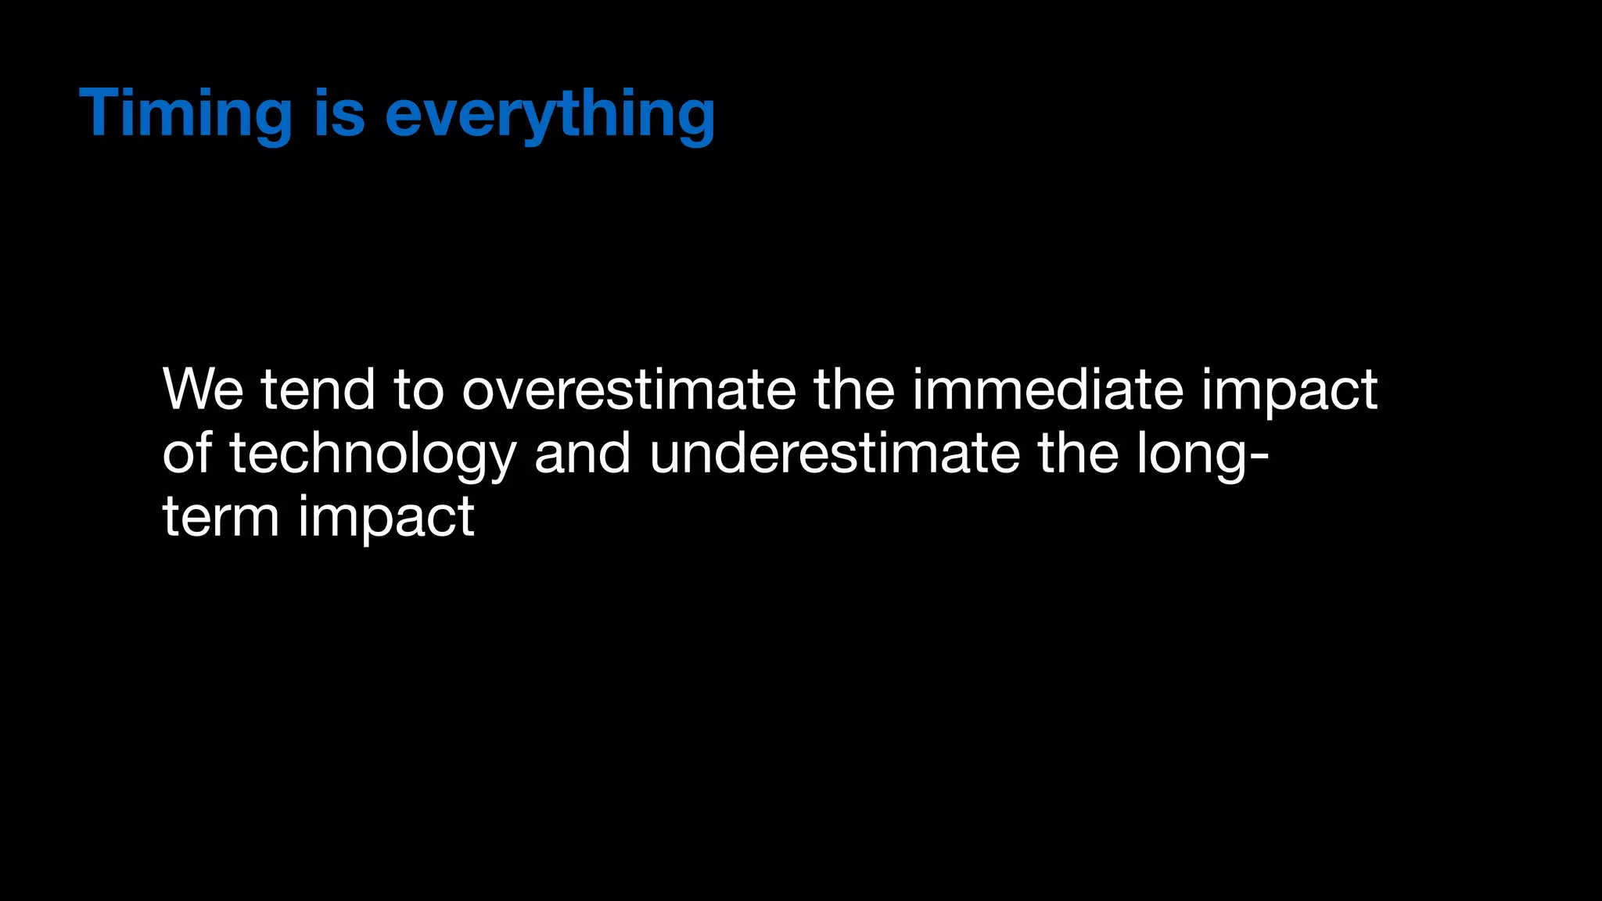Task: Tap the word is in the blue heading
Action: tap(339, 114)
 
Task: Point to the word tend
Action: tap(318, 389)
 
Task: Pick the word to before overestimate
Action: tap(418, 389)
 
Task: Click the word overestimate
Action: tap(628, 389)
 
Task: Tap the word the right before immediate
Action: tap(854, 389)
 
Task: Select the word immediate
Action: tap(1047, 389)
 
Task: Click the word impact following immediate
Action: tap(1289, 393)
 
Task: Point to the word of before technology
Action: tap(187, 453)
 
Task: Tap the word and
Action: tap(582, 453)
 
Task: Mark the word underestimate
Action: tap(835, 453)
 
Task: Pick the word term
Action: tap(221, 517)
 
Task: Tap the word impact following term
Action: tap(386, 521)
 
